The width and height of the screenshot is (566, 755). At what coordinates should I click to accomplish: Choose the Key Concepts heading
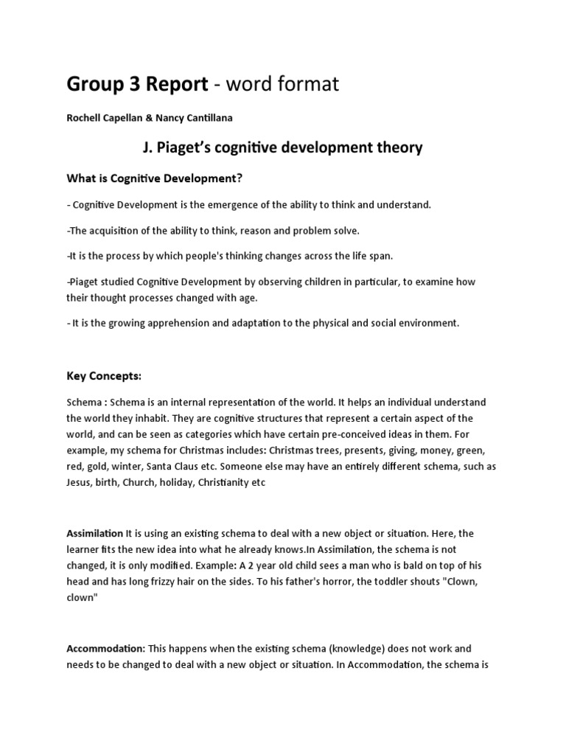tap(103, 376)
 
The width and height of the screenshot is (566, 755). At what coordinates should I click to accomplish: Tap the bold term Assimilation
tap(95, 532)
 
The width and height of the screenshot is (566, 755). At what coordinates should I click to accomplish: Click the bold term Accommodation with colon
tap(106, 648)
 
